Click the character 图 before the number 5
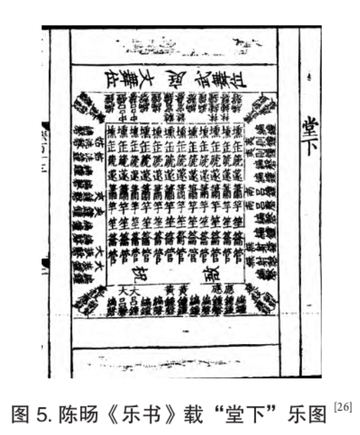click(x=20, y=415)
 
